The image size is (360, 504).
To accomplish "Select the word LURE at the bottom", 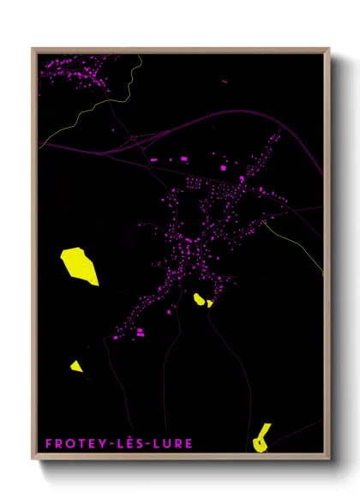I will click(172, 443).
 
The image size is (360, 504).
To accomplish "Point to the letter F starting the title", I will click(48, 443).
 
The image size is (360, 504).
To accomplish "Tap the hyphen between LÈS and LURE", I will click(148, 444).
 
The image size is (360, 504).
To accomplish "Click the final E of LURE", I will click(189, 443).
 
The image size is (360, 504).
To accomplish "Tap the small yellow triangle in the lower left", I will click(76, 367).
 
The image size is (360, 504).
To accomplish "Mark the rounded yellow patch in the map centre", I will click(200, 299).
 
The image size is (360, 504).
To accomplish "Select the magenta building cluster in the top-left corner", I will click(73, 70).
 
